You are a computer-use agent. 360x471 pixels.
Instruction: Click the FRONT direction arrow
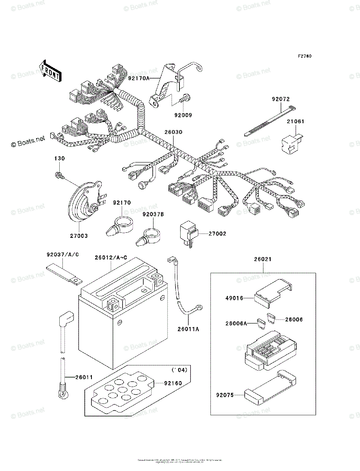(50, 71)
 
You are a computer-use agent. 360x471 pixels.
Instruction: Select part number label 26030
(174, 132)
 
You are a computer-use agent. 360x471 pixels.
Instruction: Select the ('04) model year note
(179, 370)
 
